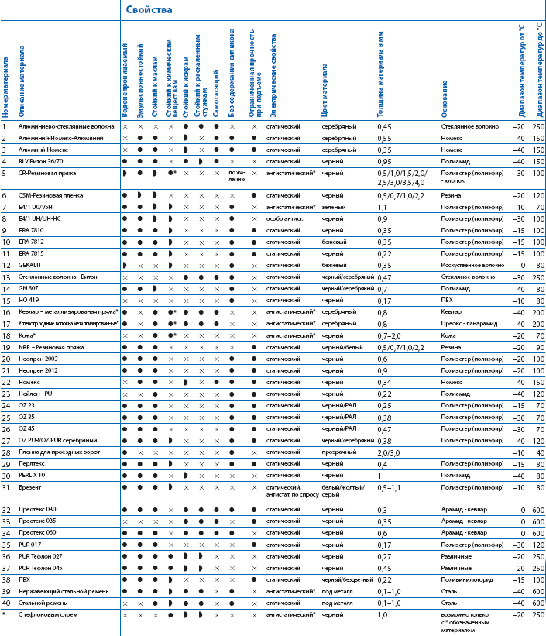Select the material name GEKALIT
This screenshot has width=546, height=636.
click(31, 264)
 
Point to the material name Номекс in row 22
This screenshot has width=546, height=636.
click(29, 382)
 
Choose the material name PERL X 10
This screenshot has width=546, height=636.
click(33, 475)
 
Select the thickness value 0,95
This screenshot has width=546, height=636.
click(384, 160)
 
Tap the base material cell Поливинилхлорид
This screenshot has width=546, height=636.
click(468, 579)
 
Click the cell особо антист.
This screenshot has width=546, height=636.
click(283, 218)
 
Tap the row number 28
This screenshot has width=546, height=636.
click(5, 452)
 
